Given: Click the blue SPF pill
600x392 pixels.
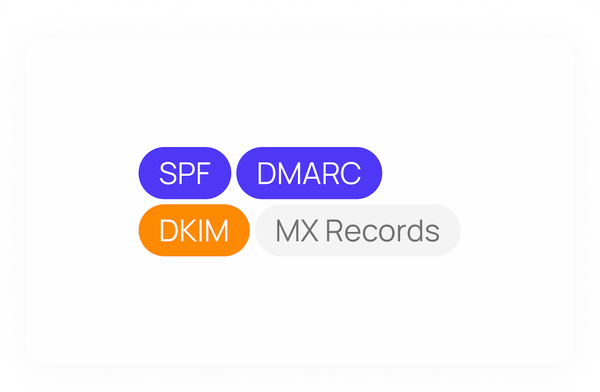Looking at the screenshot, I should pos(184,173).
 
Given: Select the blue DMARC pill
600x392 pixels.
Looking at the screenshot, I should pos(309,173).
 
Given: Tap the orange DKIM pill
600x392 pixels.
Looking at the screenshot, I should pos(194,230).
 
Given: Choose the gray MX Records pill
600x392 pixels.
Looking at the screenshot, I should pos(357,230).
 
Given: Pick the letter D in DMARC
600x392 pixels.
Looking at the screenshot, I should pos(266,173).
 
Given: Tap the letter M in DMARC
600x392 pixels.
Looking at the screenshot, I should pos(287,173).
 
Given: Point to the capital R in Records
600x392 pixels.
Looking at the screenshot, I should pos(337,231).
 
